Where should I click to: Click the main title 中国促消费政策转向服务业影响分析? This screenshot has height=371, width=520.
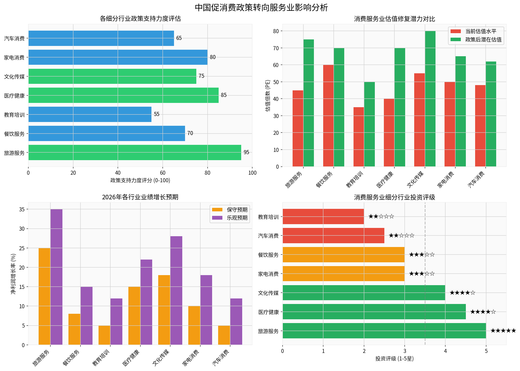click(x=261, y=8)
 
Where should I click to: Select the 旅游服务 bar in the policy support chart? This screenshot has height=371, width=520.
click(x=135, y=152)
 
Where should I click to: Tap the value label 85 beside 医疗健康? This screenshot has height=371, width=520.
click(x=224, y=95)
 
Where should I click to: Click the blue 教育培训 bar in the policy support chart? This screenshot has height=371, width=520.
click(x=90, y=114)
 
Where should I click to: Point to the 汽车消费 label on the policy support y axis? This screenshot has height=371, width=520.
click(x=14, y=38)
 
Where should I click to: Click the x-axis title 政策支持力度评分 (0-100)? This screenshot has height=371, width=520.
click(x=140, y=180)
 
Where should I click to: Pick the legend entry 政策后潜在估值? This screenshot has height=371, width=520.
click(x=483, y=40)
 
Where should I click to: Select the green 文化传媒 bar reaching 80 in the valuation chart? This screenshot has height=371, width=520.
click(x=430, y=99)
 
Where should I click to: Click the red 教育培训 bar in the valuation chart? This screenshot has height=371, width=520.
click(x=359, y=137)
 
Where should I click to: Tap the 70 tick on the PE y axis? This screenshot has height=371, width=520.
click(x=276, y=48)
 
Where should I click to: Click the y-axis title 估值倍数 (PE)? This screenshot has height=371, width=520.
click(x=268, y=95)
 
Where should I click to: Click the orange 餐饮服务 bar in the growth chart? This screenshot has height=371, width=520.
click(x=74, y=329)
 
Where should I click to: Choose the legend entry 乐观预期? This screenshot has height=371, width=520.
click(x=237, y=218)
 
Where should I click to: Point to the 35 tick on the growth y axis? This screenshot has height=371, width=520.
click(x=22, y=209)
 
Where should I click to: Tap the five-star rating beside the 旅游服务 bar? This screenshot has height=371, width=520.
click(x=503, y=331)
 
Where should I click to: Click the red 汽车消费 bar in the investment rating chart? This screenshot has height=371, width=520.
click(x=333, y=235)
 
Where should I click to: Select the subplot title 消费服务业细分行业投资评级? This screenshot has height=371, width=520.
click(x=394, y=197)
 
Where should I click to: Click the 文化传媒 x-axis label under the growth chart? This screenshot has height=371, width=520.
click(x=161, y=357)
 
